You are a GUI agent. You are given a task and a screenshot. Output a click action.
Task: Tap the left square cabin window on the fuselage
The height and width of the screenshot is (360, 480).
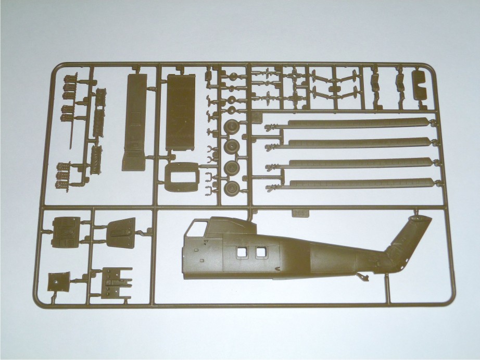pyautogui.click(x=241, y=252)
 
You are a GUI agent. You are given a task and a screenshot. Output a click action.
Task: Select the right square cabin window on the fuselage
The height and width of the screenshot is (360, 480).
pyautogui.click(x=260, y=252)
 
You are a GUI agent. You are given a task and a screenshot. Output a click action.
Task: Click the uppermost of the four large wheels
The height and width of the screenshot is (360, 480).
pyautogui.click(x=230, y=127)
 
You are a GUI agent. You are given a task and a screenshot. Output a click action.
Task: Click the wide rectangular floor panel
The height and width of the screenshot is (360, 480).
pyautogui.click(x=181, y=112)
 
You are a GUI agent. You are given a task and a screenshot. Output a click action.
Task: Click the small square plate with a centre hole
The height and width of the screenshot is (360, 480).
pyautogui.click(x=57, y=282)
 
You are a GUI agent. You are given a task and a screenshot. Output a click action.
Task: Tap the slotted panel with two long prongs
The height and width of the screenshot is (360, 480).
pyautogui.click(x=117, y=282)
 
